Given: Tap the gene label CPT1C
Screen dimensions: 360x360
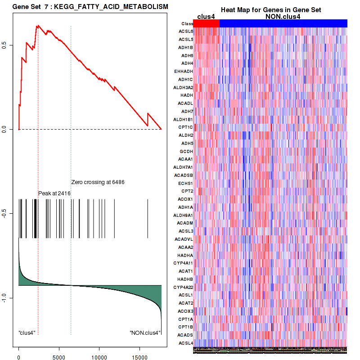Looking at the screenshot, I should point(186,127).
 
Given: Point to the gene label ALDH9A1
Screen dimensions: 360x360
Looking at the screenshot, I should point(183,215).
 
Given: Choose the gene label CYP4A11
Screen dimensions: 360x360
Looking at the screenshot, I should point(183,263).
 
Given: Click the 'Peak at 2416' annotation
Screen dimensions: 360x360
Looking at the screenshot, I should point(54,193).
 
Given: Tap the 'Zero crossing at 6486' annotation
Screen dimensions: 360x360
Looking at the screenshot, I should point(98,182).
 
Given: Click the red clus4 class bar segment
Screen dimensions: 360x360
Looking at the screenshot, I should point(206,23).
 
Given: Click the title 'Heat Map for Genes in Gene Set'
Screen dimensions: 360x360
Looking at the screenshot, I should point(270,10).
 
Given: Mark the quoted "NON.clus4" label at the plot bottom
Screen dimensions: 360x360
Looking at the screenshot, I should point(145,333).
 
